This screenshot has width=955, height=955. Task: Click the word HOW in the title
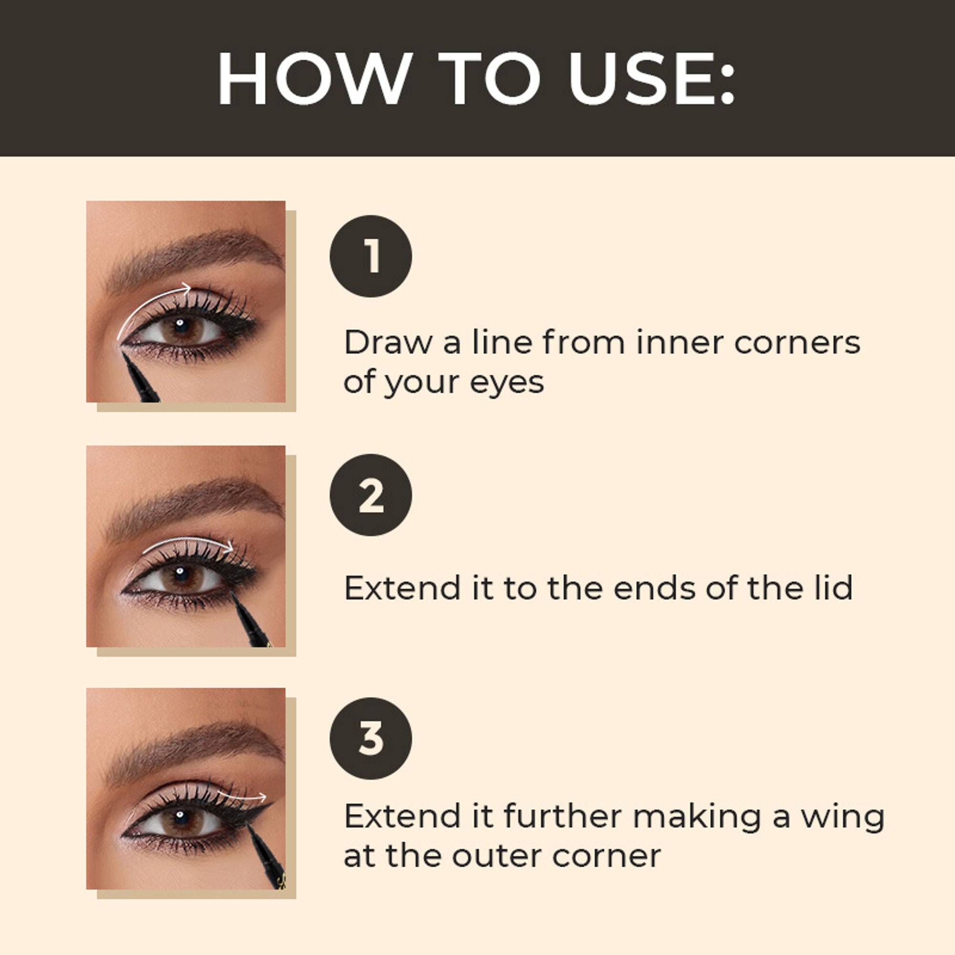pyautogui.click(x=314, y=78)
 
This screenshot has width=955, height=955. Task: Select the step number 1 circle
pyautogui.click(x=371, y=256)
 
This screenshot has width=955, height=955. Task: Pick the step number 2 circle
pyautogui.click(x=371, y=495)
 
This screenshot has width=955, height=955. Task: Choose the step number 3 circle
pyautogui.click(x=371, y=739)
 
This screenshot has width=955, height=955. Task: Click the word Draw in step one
pyautogui.click(x=388, y=342)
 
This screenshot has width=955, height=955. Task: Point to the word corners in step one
pyautogui.click(x=797, y=342)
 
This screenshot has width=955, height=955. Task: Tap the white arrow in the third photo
pyautogui.click(x=242, y=796)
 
